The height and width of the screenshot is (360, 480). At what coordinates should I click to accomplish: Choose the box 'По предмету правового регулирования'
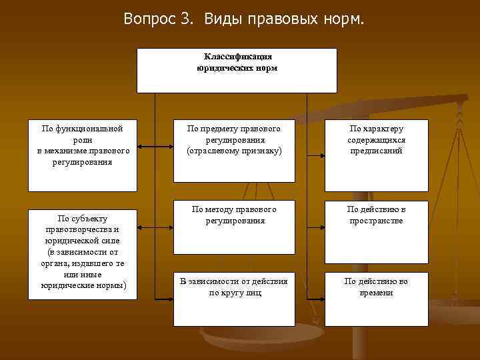(234, 151)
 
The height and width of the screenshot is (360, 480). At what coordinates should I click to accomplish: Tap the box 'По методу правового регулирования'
(234, 227)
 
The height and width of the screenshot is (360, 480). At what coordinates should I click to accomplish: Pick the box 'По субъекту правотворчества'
(82, 253)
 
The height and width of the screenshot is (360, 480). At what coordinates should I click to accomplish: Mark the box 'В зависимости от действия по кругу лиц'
(234, 298)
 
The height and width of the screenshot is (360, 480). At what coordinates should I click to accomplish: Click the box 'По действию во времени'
(376, 298)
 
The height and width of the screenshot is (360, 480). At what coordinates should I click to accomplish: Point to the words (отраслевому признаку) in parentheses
(235, 151)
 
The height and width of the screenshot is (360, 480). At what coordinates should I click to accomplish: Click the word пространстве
(377, 221)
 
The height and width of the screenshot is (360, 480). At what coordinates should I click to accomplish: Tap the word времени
(377, 293)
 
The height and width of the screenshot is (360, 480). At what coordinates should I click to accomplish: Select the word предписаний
(377, 151)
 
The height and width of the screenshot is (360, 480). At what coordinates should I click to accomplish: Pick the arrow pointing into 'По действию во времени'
(316, 297)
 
